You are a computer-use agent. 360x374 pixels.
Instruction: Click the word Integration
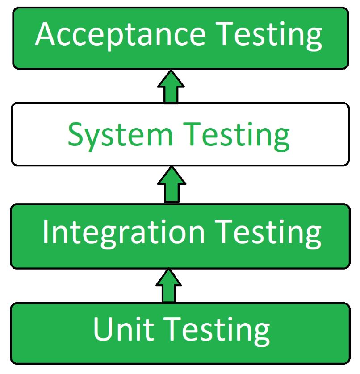[123, 232]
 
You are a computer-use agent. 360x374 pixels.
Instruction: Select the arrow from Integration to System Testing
[171, 185]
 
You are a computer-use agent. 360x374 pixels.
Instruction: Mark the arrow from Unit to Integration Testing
[168, 286]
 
